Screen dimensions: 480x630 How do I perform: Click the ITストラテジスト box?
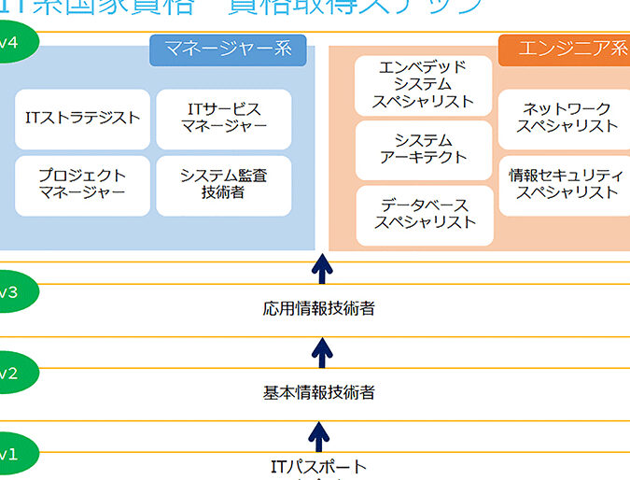[x=83, y=119]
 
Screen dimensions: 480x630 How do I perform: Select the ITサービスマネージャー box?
[x=224, y=119]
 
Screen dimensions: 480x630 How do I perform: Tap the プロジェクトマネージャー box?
[x=83, y=185]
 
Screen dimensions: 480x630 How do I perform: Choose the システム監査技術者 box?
[x=224, y=185]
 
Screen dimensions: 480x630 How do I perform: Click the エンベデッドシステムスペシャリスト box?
[x=424, y=84]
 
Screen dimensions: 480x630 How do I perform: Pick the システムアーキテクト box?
[x=424, y=148]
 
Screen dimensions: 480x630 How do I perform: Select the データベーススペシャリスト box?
[x=424, y=214]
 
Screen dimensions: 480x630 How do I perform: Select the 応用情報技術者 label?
[x=319, y=307]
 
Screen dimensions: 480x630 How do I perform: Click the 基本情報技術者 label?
[x=319, y=392]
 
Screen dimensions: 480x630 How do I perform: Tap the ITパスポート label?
[x=319, y=467]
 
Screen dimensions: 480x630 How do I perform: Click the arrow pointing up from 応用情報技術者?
[x=321, y=270]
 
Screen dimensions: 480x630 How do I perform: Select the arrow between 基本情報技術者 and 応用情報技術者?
[x=321, y=352]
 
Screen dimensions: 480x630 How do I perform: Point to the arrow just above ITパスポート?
[x=319, y=435]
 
